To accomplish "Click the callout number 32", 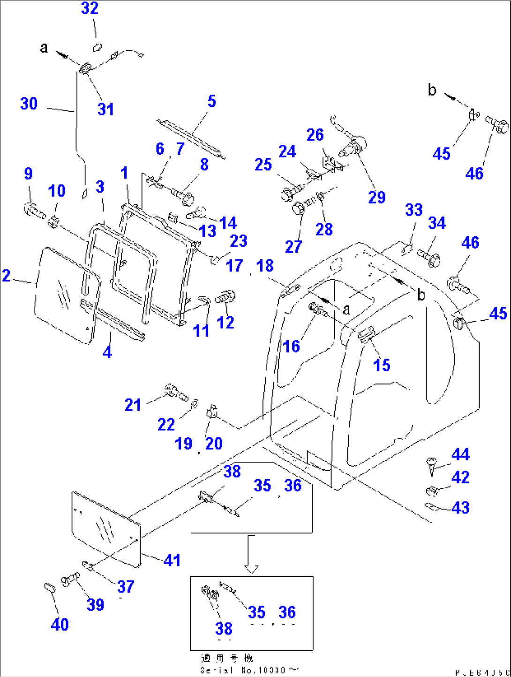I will [x=90, y=8].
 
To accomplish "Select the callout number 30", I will [x=29, y=104].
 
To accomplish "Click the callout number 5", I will [x=211, y=101].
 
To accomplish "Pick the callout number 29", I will [x=376, y=197].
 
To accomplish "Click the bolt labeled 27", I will [x=299, y=208].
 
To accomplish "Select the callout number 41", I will [x=172, y=560].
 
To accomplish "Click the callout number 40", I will [x=60, y=624].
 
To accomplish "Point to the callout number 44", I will [x=460, y=454].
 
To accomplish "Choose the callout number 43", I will [x=460, y=508].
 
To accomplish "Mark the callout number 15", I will [x=382, y=365].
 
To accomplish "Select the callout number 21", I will [x=133, y=405].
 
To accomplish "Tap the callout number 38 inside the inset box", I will [x=224, y=628].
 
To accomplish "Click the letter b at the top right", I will [x=432, y=90].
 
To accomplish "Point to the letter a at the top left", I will [x=44, y=48].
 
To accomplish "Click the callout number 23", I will [x=238, y=241].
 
